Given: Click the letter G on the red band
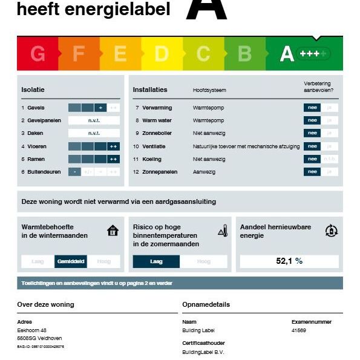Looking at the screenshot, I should (x=38, y=54).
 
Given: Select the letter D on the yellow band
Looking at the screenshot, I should (x=162, y=54).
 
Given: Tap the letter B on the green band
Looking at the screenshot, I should (x=244, y=54).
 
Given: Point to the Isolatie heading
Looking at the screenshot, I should (x=33, y=90).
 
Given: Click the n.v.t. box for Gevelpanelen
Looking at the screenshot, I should (x=94, y=120).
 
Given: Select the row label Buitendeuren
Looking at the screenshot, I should (x=44, y=172).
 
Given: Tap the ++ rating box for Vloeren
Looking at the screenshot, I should (x=114, y=146).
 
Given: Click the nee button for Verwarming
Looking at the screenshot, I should (x=312, y=108).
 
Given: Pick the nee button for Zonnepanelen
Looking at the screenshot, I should (x=312, y=172).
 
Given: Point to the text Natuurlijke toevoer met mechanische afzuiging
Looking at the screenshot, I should (x=246, y=146).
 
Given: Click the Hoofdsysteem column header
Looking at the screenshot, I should (x=209, y=90).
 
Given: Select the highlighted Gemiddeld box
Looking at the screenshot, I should (x=71, y=261).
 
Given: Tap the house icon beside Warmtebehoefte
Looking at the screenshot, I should (x=113, y=230).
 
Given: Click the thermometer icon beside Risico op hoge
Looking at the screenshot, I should (x=222, y=230).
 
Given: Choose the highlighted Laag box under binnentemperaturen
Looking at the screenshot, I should (x=156, y=261).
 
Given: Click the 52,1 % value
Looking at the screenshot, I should (x=289, y=261).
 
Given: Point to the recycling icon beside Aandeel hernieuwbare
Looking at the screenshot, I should (x=331, y=230).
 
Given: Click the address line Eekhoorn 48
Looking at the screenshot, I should (x=32, y=330).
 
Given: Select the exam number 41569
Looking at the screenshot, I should (x=299, y=330).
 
